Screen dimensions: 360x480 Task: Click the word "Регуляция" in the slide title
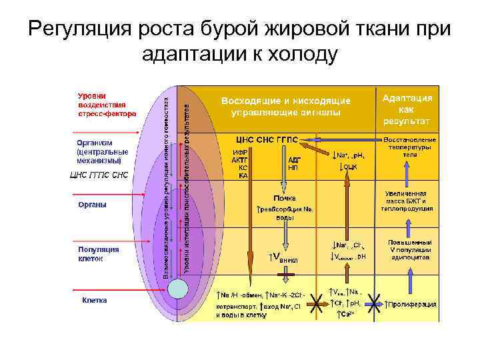[x=81, y=31]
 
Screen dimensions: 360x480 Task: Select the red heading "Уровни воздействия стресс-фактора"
[x=107, y=105]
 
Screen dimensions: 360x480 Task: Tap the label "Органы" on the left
[x=92, y=204]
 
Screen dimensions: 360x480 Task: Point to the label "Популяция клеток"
[x=98, y=253]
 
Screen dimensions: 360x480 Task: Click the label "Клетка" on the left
[x=95, y=300]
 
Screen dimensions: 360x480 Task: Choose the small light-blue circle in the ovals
[x=178, y=289]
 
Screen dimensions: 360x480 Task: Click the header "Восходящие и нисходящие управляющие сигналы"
[x=286, y=107]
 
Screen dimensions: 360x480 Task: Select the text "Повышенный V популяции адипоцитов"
[x=409, y=249]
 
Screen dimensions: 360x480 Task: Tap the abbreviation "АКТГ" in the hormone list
[x=240, y=160]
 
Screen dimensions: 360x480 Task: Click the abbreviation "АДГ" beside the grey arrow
[x=293, y=160]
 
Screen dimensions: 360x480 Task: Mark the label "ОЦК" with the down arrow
[x=350, y=166]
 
